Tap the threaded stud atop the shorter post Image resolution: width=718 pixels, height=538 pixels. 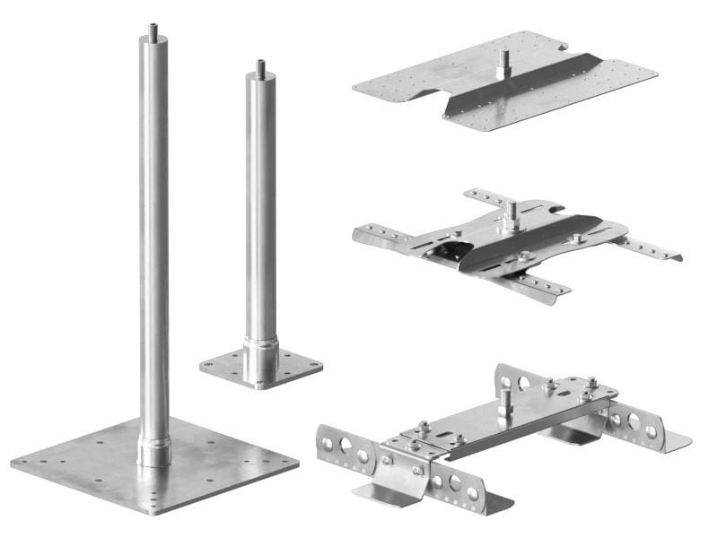click(x=260, y=66)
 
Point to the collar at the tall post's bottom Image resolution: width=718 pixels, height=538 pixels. click(x=153, y=448)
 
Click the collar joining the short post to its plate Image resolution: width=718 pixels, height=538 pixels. click(x=260, y=354)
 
